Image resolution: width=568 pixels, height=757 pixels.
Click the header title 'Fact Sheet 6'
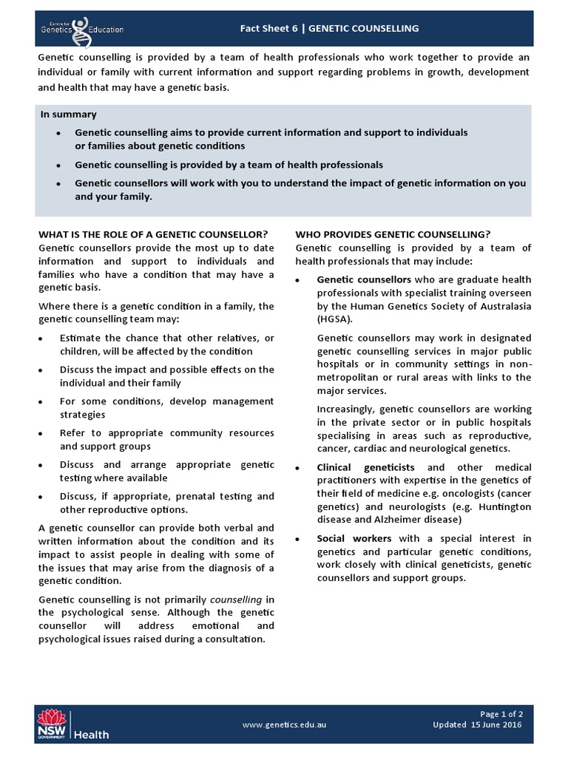click(271, 29)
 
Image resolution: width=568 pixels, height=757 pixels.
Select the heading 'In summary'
click(68, 115)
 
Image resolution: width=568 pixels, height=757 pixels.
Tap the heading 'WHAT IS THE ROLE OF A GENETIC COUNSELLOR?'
click(152, 234)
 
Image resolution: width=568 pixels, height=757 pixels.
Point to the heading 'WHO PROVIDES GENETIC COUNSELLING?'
click(392, 234)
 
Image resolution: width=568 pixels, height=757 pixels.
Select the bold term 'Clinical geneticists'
click(365, 467)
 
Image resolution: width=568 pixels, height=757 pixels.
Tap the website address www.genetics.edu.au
click(284, 725)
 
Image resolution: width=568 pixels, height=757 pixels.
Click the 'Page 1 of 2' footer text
click(501, 714)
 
